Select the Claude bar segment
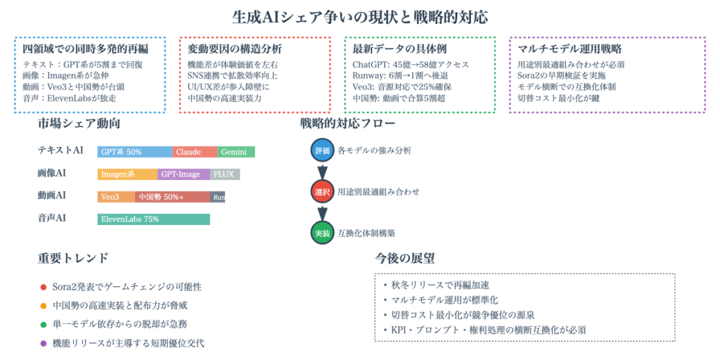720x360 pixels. [x=195, y=152]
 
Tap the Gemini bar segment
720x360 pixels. [x=236, y=152]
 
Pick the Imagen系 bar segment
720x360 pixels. [x=127, y=174]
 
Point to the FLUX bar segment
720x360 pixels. [x=225, y=174]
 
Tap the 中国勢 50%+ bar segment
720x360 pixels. [x=172, y=197]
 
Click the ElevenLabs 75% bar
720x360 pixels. [x=153, y=219]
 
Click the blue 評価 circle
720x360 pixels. [x=322, y=150]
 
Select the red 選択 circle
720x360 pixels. [x=322, y=191]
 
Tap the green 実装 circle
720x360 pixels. [x=322, y=233]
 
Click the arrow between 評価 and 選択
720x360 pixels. [x=322, y=171]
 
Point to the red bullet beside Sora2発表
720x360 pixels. [x=44, y=287]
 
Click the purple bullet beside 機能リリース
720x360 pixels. [x=44, y=343]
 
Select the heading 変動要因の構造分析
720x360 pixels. [x=235, y=49]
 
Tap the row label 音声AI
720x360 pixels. [x=52, y=219]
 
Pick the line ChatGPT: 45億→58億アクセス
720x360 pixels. [x=411, y=65]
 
